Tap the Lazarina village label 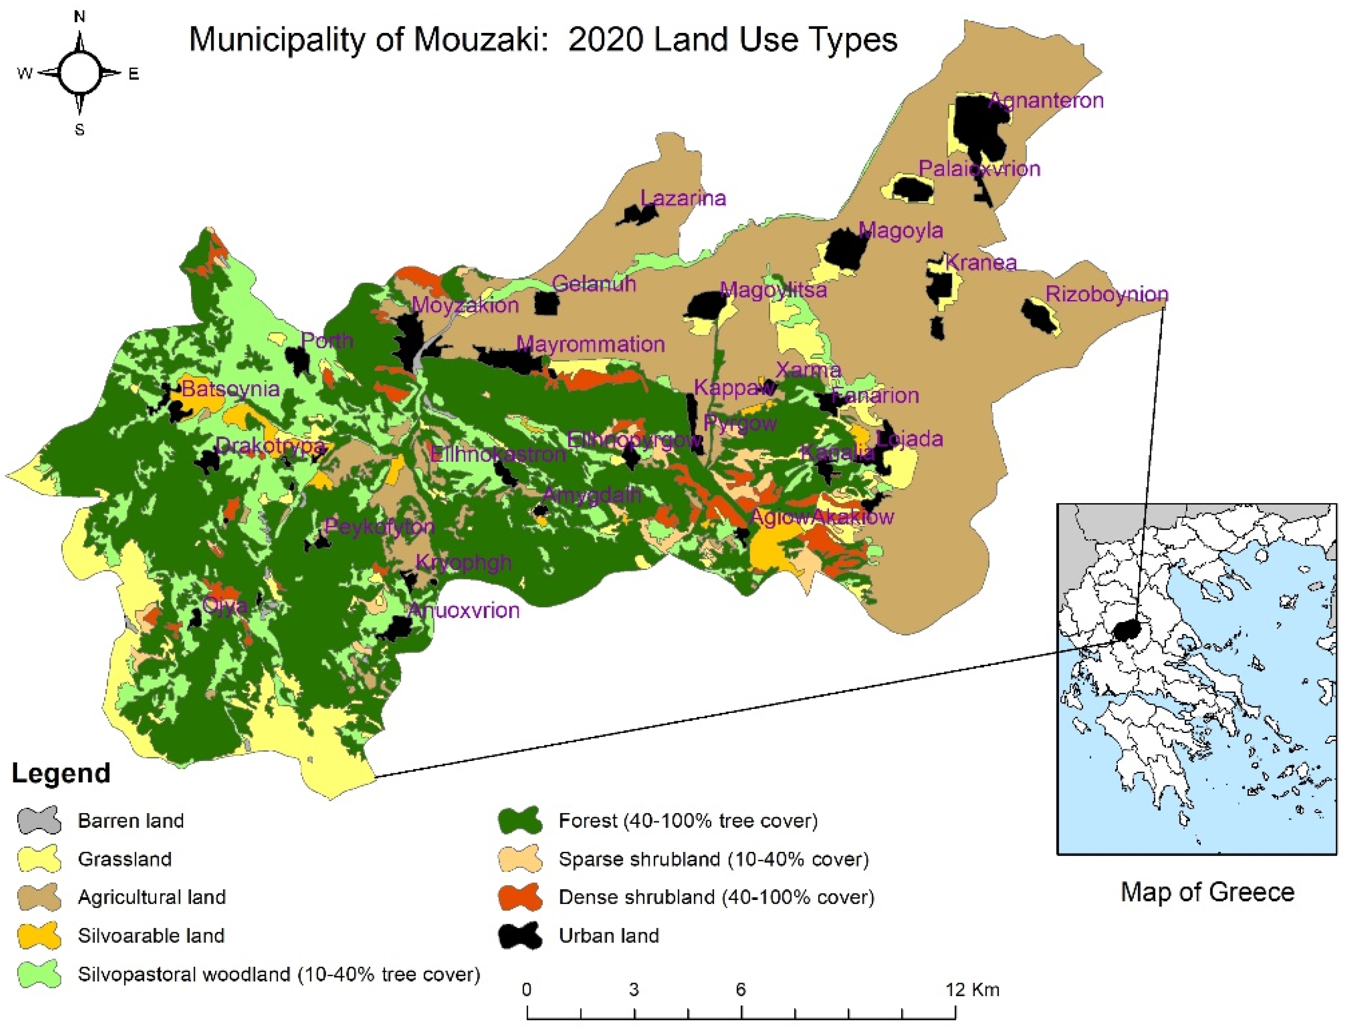point(683,198)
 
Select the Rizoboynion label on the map point(1107,294)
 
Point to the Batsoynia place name point(230,389)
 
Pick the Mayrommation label point(590,344)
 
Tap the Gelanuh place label point(593,284)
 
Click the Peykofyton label point(379,527)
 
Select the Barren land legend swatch point(39,820)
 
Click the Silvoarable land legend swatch point(39,935)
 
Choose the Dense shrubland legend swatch point(520,897)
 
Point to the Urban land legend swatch point(520,935)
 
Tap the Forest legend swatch point(520,820)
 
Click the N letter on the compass point(80,17)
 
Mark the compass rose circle point(80,73)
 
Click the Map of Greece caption point(1207,892)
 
